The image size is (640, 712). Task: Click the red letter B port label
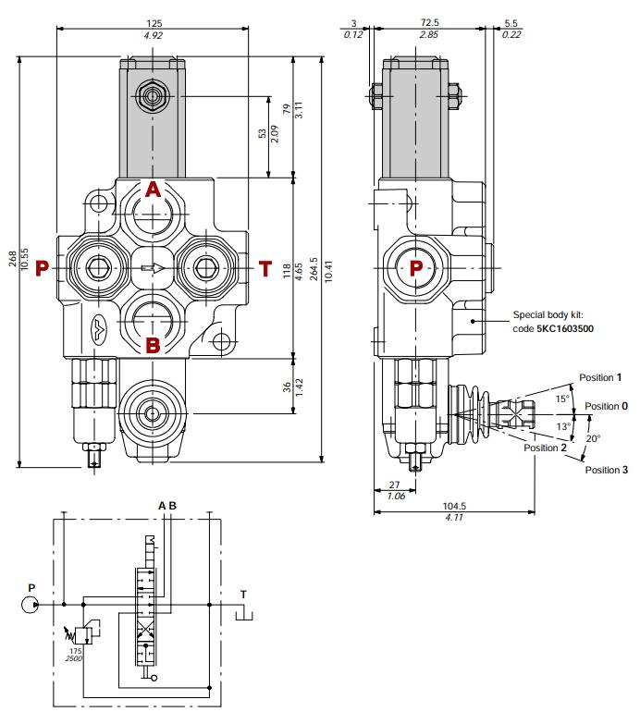154,347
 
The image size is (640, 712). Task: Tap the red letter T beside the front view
265,269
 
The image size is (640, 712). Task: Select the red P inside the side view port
416,268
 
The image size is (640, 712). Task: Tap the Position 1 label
600,377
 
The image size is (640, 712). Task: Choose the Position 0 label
606,406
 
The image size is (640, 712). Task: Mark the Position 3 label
606,470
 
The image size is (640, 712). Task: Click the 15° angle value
560,399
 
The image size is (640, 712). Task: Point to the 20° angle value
594,438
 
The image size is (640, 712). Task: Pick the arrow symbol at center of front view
154,269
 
